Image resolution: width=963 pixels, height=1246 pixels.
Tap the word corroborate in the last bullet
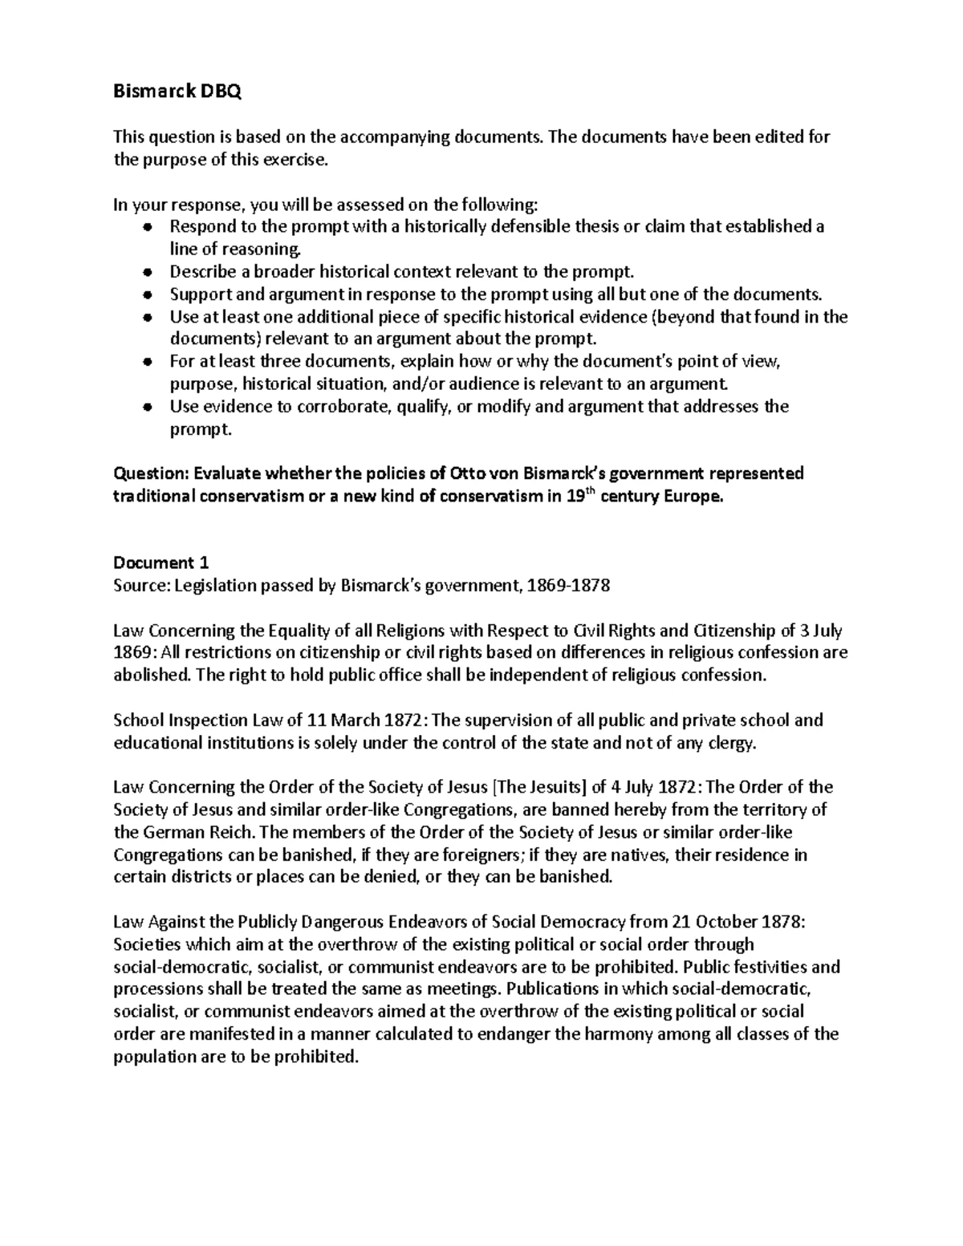tap(331, 407)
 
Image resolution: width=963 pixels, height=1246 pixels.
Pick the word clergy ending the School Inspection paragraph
tap(733, 742)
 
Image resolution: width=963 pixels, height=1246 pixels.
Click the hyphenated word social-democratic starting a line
tap(177, 966)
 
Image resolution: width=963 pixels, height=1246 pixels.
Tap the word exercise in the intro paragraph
tap(299, 160)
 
